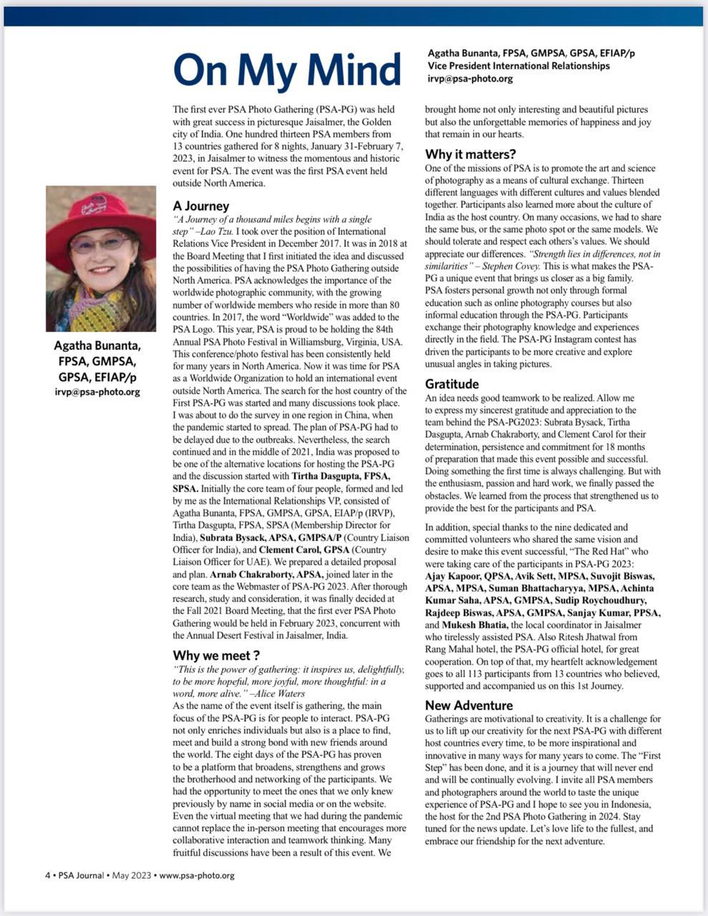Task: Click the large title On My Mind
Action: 286,69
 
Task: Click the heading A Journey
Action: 201,206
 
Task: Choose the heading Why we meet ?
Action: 216,656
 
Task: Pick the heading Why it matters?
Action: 470,155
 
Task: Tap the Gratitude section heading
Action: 452,384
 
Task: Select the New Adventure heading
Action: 469,706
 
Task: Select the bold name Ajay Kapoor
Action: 455,576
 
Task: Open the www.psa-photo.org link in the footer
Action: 197,875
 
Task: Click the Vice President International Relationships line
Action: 519,66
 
